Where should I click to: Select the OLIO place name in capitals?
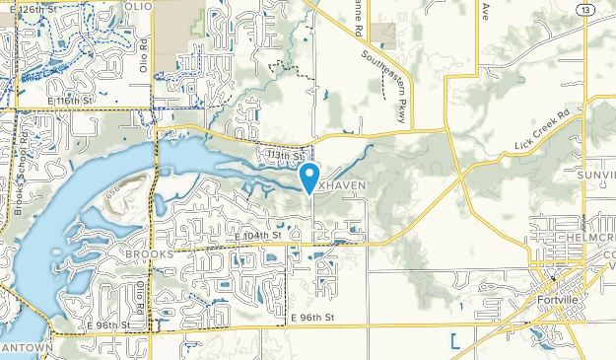point(139,7)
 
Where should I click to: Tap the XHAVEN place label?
point(341,186)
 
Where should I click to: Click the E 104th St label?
point(258,236)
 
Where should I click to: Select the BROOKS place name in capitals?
point(149,253)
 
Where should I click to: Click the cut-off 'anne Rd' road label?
point(359,18)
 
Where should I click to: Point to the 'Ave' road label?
point(485,11)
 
